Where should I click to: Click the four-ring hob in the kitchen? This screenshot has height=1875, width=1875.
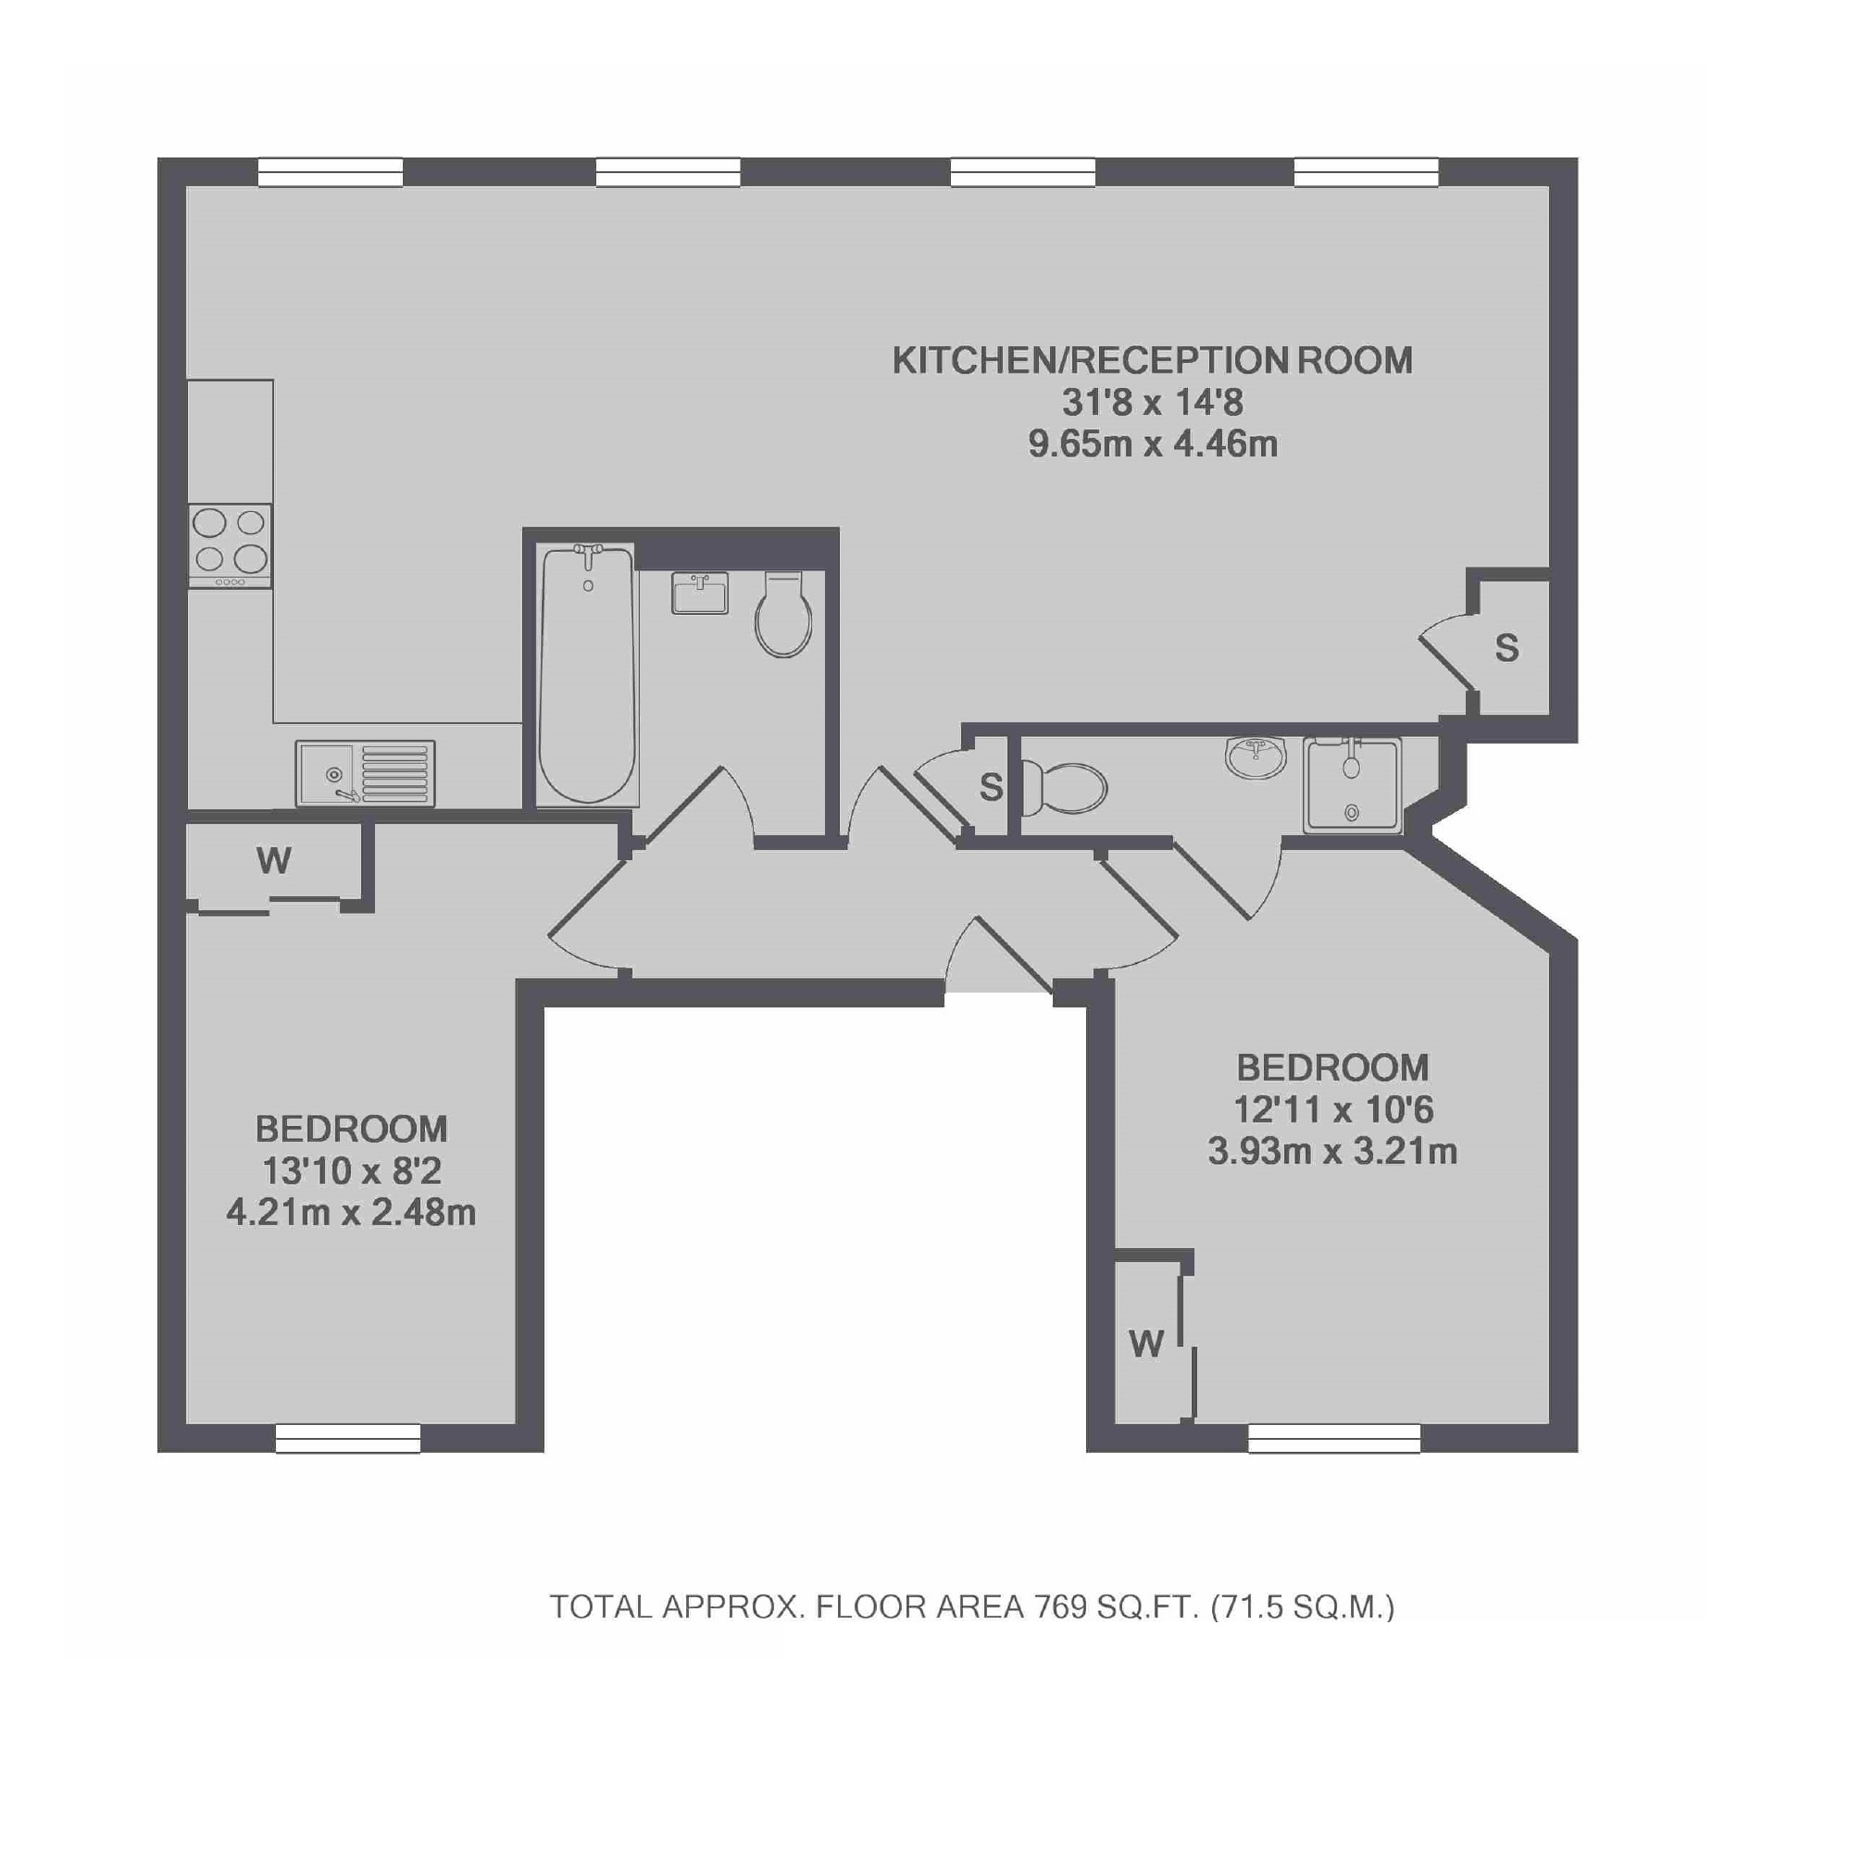point(230,545)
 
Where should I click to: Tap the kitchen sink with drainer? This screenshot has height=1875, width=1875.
point(365,773)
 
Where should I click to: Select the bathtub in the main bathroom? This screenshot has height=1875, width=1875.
point(587,674)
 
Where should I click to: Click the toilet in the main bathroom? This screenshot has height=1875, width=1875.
point(784,614)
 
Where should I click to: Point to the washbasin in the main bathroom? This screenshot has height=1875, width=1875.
point(700,593)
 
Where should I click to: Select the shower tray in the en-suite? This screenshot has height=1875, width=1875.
point(1353,784)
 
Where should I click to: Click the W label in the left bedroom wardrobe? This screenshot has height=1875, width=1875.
point(275,860)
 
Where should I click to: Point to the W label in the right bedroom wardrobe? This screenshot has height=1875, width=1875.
point(1146,1344)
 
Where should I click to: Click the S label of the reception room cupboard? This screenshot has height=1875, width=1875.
point(1506,647)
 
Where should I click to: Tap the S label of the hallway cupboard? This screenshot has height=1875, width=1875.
point(990,787)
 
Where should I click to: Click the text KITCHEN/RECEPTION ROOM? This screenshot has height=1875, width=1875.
point(1152,361)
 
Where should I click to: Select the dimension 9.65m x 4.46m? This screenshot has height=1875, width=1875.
point(1152,444)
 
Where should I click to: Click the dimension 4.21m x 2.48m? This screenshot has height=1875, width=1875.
point(351,1212)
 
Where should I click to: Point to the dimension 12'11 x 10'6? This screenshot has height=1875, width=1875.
point(1332,1109)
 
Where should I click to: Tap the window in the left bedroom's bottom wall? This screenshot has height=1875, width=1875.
point(348,1438)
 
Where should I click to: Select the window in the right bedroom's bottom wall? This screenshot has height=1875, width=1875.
point(1334,1438)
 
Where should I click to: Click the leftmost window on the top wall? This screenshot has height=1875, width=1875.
point(331,172)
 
